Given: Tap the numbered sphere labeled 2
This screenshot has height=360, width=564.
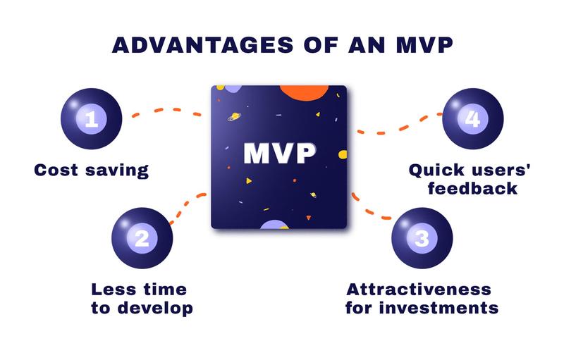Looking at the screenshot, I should pos(142,237).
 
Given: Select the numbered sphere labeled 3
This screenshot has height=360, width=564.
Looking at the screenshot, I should pos(422,237).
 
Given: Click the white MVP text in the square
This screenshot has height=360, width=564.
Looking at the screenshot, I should pos(280,154).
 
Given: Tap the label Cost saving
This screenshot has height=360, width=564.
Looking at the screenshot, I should pos(91,170).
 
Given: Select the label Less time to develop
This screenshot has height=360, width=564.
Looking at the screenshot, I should pos(142,299).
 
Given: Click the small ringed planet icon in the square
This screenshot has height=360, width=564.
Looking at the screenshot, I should pos(233,114).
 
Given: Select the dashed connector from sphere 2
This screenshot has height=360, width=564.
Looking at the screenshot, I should pos(187,208).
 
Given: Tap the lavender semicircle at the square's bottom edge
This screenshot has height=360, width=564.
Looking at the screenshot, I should pos(274,225).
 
